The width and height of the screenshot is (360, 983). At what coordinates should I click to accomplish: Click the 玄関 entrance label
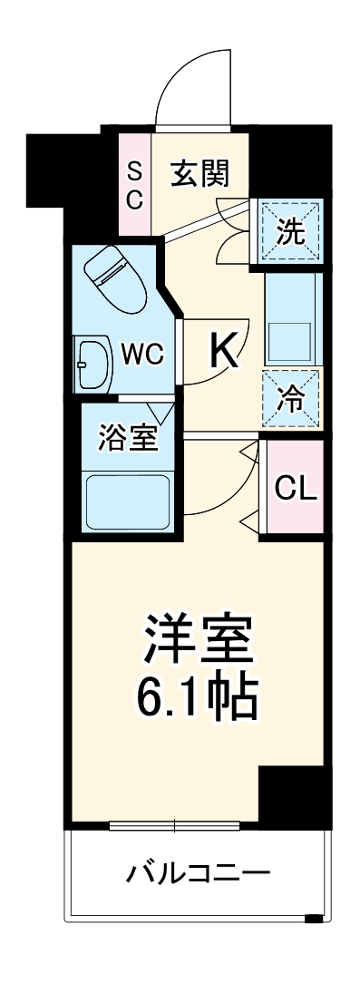[x=199, y=171]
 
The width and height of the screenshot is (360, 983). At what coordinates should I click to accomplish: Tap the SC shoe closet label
[x=134, y=184]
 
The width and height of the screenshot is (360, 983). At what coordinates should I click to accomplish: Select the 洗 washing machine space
[x=290, y=232]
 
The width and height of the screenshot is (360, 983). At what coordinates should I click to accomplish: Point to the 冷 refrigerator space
[x=291, y=396]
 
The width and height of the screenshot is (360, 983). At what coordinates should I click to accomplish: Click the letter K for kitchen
[x=225, y=351]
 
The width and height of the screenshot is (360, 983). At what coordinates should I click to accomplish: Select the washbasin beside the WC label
[x=92, y=364]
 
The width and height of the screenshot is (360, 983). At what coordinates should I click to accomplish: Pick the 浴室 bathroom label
[x=128, y=438]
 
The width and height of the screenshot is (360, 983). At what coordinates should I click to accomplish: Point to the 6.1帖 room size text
[x=194, y=696]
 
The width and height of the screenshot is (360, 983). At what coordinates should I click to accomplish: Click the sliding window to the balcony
[x=174, y=825]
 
